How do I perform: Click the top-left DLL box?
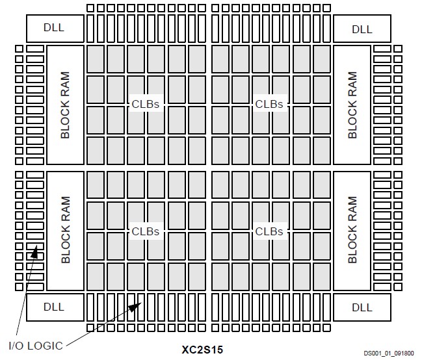[55, 29]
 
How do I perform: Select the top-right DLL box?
[362, 29]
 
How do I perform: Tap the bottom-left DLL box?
[55, 306]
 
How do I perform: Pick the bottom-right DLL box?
[362, 306]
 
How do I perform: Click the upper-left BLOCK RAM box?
[65, 105]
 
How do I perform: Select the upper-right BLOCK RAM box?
[352, 105]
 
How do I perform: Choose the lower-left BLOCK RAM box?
[65, 230]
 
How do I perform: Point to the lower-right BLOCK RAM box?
[352, 230]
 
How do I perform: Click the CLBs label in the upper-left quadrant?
[146, 104]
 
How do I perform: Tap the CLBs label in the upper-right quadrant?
[269, 104]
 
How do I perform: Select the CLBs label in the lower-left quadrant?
[146, 231]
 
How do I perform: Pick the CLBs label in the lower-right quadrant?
[269, 231]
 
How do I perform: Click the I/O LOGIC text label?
[35, 345]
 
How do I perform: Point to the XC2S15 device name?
[202, 348]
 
